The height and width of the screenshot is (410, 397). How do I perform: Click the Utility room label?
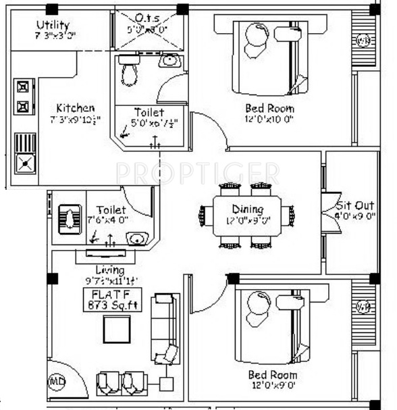coord(52,26)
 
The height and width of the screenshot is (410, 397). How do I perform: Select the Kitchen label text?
coord(75,108)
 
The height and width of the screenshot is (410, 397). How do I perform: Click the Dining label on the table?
coord(247,209)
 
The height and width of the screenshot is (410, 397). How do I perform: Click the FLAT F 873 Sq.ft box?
coord(108,299)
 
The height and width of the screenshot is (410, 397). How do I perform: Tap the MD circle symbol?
coord(56,383)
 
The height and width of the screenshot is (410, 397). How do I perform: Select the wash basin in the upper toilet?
coord(169,61)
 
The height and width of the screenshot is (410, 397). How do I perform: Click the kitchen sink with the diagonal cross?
coord(25,163)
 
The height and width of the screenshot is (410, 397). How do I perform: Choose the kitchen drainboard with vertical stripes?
coord(25,143)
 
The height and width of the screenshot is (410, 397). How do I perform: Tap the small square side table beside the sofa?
coord(165,384)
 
